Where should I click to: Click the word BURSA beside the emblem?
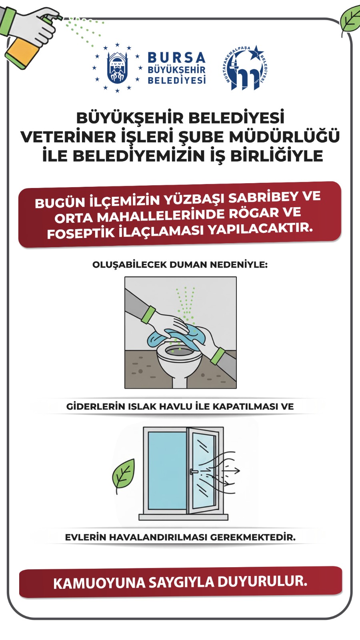point(176,58)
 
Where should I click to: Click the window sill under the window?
point(184,517)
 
